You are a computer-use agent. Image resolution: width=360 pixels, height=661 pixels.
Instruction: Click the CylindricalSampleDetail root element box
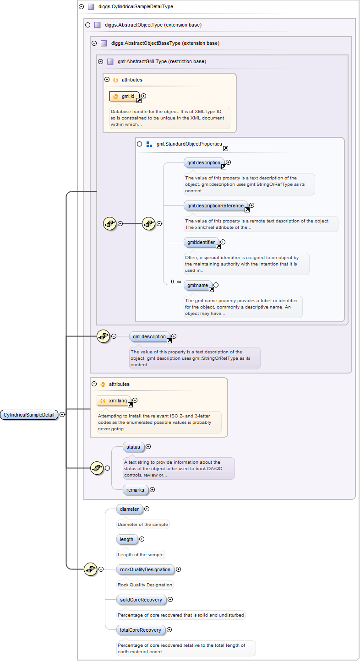[x=29, y=415]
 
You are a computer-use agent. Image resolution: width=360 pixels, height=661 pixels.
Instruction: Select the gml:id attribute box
[x=125, y=96]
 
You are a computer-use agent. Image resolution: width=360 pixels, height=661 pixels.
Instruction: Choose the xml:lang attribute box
[x=115, y=401]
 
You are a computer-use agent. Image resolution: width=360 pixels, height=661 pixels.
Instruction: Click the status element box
[x=133, y=446]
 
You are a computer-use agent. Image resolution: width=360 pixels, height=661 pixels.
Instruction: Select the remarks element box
[x=136, y=490]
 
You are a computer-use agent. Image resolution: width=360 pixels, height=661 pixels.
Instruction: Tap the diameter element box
[x=130, y=509]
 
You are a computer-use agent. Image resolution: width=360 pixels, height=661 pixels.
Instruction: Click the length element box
[x=126, y=539]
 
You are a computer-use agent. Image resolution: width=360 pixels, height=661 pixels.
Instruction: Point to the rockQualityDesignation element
[x=145, y=569]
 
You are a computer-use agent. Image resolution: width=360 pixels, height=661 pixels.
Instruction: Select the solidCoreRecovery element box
[x=141, y=600]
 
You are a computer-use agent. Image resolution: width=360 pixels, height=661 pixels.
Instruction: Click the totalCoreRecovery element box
[x=140, y=630]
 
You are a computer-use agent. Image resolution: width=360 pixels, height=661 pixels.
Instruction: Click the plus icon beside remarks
[x=153, y=490]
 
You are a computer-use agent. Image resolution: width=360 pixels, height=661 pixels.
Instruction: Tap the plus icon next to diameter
[x=147, y=509]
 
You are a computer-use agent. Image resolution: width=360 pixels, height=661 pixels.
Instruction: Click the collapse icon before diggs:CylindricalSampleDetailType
[x=81, y=7]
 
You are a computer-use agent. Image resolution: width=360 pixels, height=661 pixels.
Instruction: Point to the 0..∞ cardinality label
[x=176, y=282]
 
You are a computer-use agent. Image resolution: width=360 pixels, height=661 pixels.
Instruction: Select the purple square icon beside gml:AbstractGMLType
[x=110, y=61]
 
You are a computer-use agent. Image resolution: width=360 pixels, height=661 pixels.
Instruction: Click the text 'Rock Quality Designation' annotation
[x=145, y=585]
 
